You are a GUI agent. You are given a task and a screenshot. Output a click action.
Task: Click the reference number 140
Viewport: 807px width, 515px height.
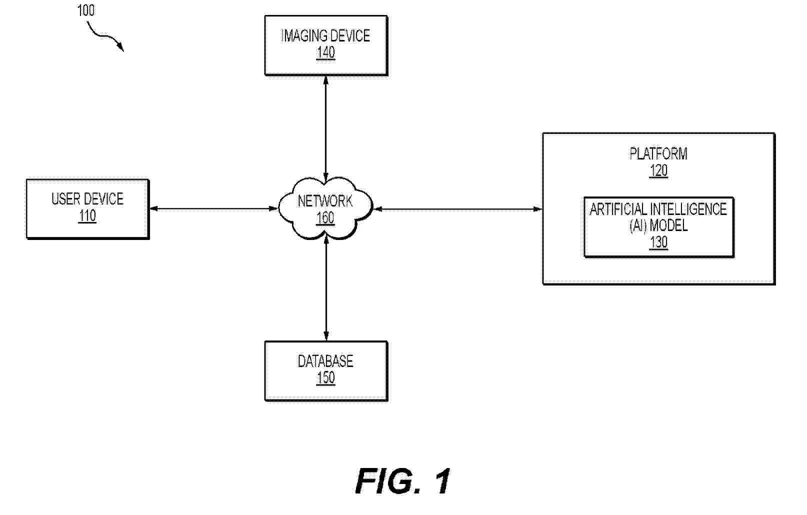pos(325,53)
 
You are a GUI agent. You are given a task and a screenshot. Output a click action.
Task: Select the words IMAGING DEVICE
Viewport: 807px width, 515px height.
pos(325,36)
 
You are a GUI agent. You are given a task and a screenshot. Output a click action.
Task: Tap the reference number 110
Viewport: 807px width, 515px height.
pos(87,216)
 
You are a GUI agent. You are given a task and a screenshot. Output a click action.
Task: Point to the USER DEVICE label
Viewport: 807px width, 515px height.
pos(87,199)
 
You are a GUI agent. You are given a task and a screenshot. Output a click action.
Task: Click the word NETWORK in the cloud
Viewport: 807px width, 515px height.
pos(325,201)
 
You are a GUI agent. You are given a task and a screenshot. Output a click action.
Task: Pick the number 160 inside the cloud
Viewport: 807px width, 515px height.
pos(325,218)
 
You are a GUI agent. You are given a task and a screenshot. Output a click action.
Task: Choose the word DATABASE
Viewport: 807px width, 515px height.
pos(325,361)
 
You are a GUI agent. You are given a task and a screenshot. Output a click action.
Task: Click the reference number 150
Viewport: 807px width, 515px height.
pos(325,377)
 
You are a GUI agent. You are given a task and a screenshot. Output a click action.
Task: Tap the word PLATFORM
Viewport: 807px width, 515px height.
pos(658,153)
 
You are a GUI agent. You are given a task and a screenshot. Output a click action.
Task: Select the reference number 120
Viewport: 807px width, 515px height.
pos(658,171)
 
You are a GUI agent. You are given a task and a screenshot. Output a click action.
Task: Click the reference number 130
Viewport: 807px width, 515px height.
pos(658,242)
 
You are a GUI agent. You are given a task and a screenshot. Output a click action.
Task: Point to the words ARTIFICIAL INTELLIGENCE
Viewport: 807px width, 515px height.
pos(658,209)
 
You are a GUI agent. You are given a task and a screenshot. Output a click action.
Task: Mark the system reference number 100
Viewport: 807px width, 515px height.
pos(86,10)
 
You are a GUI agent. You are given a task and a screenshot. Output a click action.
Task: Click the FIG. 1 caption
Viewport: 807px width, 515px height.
pos(403,481)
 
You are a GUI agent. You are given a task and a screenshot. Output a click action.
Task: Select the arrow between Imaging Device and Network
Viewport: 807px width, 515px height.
pos(326,127)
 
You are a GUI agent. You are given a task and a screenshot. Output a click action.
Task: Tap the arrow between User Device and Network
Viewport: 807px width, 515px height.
pos(213,208)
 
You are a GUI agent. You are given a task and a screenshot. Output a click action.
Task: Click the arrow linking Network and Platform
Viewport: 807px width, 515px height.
pos(457,209)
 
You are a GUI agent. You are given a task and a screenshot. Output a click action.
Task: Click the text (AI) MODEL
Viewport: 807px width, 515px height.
pos(658,225)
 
